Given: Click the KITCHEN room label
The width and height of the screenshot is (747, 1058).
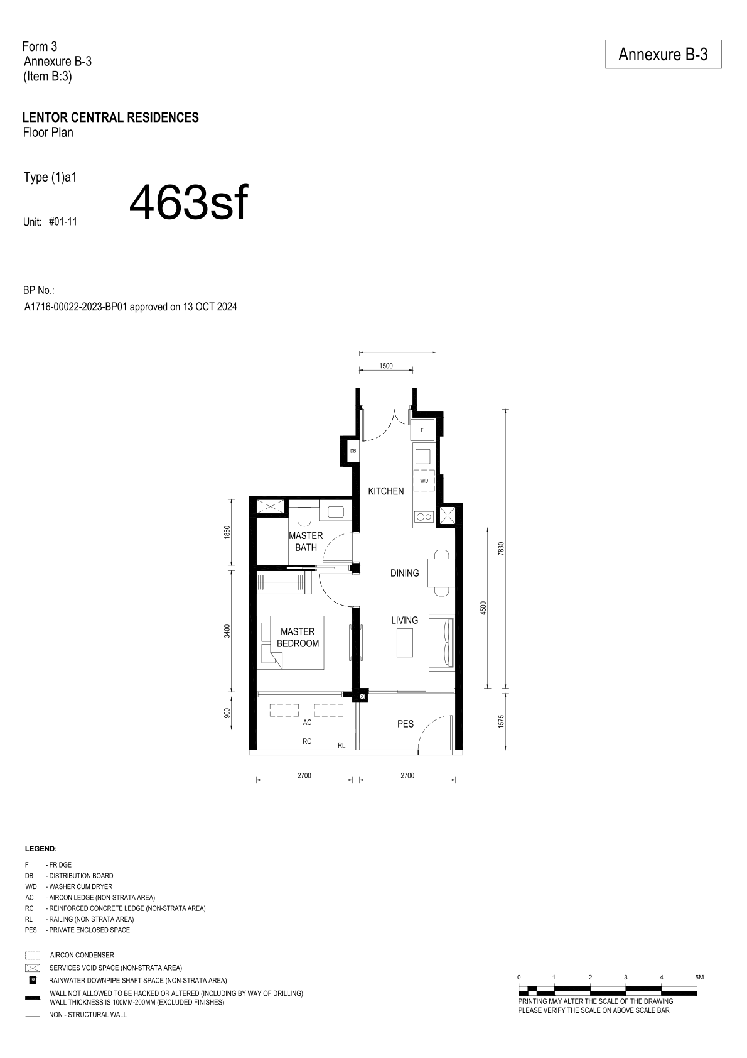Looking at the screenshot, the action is pyautogui.click(x=385, y=491).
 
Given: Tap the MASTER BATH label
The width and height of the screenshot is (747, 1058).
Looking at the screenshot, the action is pyautogui.click(x=306, y=542).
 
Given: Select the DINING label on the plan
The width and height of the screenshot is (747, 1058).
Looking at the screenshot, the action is pyautogui.click(x=404, y=573).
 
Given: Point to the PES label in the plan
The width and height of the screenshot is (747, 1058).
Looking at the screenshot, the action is pyautogui.click(x=406, y=724).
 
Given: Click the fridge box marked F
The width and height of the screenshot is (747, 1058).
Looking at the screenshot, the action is pyautogui.click(x=422, y=430).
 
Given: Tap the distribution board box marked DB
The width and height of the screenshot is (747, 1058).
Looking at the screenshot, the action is pyautogui.click(x=353, y=451).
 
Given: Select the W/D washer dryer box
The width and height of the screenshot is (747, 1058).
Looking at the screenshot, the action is pyautogui.click(x=424, y=481).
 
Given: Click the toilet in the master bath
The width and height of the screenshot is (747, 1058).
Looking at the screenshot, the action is pyautogui.click(x=305, y=516).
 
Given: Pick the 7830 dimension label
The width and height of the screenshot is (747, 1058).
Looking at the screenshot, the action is pyautogui.click(x=501, y=548).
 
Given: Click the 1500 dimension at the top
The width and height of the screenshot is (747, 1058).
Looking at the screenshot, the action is pyautogui.click(x=386, y=366).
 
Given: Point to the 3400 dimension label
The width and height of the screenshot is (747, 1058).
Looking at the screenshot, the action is pyautogui.click(x=227, y=631).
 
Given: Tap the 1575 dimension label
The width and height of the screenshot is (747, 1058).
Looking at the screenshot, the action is pyautogui.click(x=501, y=721).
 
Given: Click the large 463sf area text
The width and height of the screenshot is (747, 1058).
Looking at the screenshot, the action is pyautogui.click(x=188, y=203).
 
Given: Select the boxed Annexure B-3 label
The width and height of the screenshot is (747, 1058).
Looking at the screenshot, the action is pyautogui.click(x=663, y=54).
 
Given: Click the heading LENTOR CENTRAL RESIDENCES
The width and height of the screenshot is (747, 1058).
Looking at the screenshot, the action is pyautogui.click(x=111, y=117).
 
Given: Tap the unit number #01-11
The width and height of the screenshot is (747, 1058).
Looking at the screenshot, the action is pyautogui.click(x=63, y=222).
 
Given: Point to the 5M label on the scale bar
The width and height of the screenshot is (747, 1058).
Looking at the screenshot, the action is pyautogui.click(x=699, y=977).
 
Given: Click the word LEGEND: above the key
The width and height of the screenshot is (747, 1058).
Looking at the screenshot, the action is pyautogui.click(x=41, y=849).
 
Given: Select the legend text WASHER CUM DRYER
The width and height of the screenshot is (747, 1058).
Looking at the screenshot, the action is pyautogui.click(x=81, y=886).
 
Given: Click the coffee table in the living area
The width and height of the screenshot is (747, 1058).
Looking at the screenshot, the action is pyautogui.click(x=405, y=642).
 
